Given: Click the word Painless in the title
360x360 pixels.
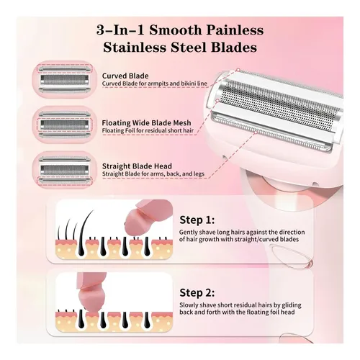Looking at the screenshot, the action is pyautogui.click(x=235, y=30).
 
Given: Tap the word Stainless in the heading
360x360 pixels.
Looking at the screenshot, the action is pyautogui.click(x=135, y=48).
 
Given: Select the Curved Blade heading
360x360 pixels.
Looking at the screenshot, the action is pyautogui.click(x=125, y=76).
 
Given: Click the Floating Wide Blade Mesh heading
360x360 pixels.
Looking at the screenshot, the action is pyautogui.click(x=146, y=123).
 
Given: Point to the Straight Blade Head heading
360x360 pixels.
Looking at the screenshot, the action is pyautogui.click(x=137, y=166).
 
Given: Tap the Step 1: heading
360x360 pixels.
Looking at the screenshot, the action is pyautogui.click(x=197, y=220).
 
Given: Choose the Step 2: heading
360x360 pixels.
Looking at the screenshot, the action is pyautogui.click(x=197, y=293).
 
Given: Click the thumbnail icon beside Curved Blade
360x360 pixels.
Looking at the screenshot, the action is pyautogui.click(x=64, y=79).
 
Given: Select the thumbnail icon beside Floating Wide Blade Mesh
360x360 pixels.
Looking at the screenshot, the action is pyautogui.click(x=64, y=125).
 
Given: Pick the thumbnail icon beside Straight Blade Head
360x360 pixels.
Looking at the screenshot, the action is pyautogui.click(x=64, y=170).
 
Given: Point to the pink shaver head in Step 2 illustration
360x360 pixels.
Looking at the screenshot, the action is pyautogui.click(x=91, y=294).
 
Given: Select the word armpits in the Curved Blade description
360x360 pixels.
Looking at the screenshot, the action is pyautogui.click(x=158, y=84).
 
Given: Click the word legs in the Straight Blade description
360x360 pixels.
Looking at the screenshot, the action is pyautogui.click(x=199, y=174).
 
